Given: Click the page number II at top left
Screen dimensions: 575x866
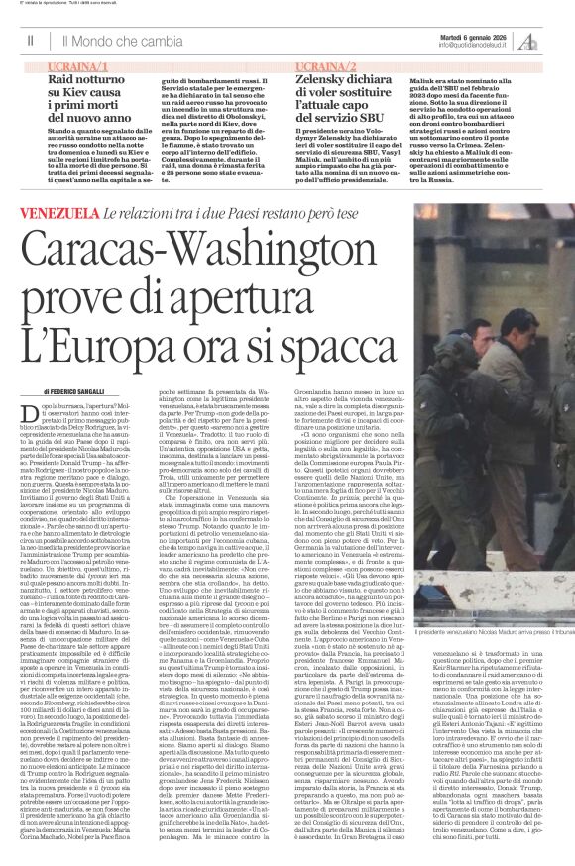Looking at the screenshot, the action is click(x=31, y=41).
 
